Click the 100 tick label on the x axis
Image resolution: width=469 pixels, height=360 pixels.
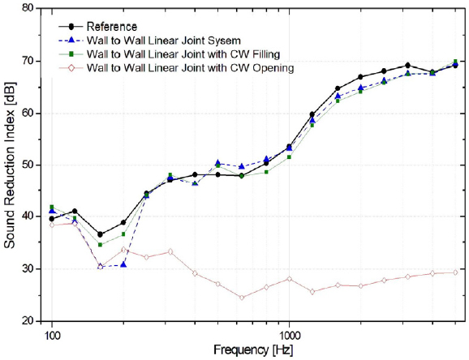tap(52, 333)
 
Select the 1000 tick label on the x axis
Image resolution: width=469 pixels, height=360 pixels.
tap(289, 333)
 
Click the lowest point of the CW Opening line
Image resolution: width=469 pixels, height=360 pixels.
tap(242, 298)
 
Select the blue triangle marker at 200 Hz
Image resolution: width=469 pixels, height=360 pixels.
tap(123, 264)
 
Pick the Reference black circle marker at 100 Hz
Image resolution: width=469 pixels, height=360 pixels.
tap(52, 219)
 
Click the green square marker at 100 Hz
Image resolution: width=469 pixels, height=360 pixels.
tap(52, 208)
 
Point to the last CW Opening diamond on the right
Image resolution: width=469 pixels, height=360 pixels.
tap(455, 272)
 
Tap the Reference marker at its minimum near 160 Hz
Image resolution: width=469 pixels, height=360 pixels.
tap(100, 234)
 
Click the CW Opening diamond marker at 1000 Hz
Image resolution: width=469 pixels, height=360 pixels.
tap(289, 279)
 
